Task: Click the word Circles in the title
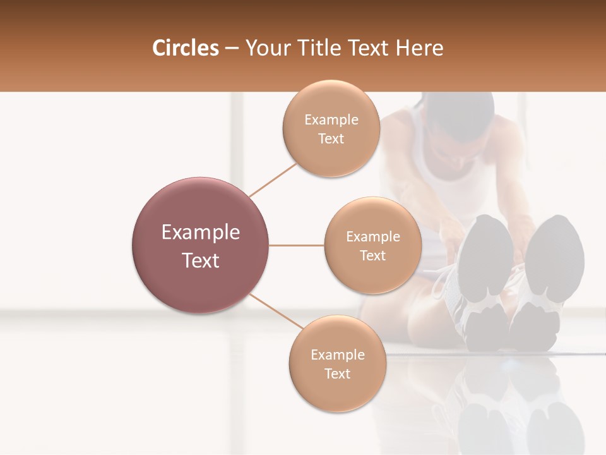coord(185,49)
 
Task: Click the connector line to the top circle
coord(273,179)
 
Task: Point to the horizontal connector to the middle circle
coord(297,245)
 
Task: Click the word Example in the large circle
coord(201,233)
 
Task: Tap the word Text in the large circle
coord(201,260)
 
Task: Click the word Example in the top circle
coord(331,119)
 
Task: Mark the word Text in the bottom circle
coord(337,373)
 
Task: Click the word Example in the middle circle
coord(372,236)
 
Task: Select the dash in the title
coord(231,49)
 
